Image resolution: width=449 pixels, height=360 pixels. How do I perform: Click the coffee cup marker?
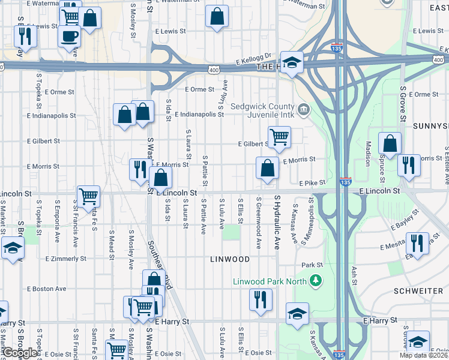click(69, 35)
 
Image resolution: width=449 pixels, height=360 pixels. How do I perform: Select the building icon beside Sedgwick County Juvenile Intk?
click(304, 109)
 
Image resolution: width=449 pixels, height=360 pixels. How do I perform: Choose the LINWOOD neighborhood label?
click(230, 259)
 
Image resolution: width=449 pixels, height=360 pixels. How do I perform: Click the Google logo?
click(20, 353)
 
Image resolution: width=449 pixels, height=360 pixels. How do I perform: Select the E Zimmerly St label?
click(66, 259)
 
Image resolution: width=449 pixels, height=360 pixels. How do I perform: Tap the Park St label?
click(312, 265)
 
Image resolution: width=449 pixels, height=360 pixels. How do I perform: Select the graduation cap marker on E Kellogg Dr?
click(292, 62)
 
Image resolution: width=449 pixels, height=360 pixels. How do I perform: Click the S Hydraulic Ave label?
click(277, 214)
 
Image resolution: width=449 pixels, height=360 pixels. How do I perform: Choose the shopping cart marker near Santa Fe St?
click(88, 196)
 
